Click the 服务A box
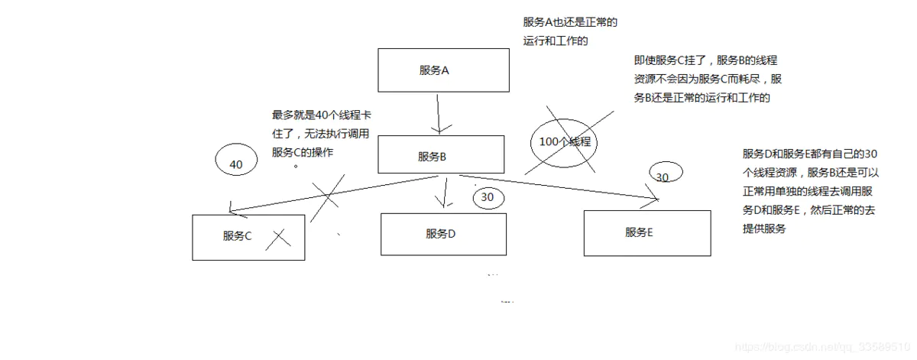click(x=443, y=70)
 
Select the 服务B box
click(x=441, y=157)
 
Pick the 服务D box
click(x=443, y=234)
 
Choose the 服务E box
click(x=646, y=232)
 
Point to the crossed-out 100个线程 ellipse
click(x=565, y=142)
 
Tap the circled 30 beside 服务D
click(x=488, y=197)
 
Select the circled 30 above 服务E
click(x=662, y=177)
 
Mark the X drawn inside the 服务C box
click(x=278, y=238)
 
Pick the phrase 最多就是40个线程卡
click(x=322, y=115)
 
